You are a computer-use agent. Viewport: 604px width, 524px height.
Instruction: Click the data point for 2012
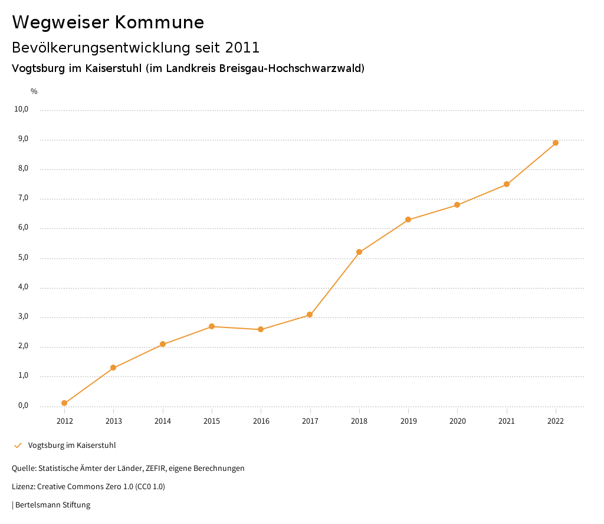(x=64, y=403)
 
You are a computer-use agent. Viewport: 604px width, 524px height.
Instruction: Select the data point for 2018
(x=359, y=252)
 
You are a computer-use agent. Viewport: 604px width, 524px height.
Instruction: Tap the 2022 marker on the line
(x=556, y=143)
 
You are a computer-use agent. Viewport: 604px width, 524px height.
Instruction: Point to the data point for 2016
(x=261, y=329)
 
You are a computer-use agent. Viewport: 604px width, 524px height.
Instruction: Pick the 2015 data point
(x=212, y=326)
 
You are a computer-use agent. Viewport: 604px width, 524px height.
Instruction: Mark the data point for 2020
(x=457, y=205)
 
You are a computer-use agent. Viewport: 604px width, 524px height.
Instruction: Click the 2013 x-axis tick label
(x=114, y=421)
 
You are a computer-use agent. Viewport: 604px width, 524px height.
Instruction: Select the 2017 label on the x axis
(x=310, y=421)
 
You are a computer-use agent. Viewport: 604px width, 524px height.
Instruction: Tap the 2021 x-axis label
(x=507, y=421)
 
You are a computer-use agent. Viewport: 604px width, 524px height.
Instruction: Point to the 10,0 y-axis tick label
(x=21, y=109)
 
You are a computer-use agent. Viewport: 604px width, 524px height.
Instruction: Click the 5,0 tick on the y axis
(x=23, y=257)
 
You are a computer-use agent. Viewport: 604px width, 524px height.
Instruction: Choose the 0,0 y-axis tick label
(x=23, y=405)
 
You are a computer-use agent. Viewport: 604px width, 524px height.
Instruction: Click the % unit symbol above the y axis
(x=34, y=91)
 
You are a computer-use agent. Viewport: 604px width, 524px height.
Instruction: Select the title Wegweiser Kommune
(x=108, y=22)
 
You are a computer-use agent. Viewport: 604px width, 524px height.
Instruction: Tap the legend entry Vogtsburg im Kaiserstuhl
(x=72, y=445)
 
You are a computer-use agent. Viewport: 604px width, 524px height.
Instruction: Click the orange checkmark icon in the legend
(x=18, y=445)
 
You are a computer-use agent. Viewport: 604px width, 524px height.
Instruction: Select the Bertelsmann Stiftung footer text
(x=52, y=505)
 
